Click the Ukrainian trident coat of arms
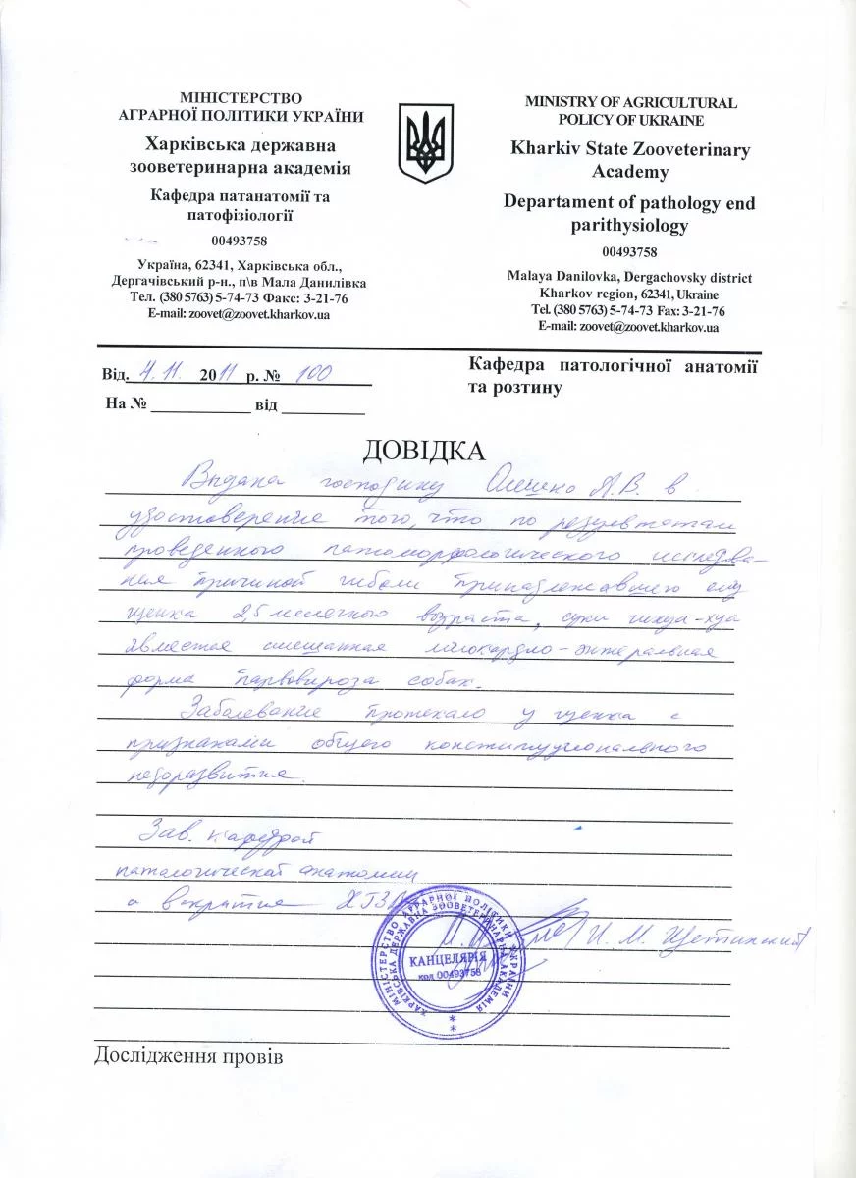[x=426, y=143]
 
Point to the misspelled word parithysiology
[x=630, y=225]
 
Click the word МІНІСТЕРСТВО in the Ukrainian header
[x=240, y=97]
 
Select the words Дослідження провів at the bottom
[x=188, y=1058]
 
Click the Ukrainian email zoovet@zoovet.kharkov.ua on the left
[x=239, y=315]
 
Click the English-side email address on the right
[x=630, y=327]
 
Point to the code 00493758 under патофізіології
[x=240, y=241]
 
